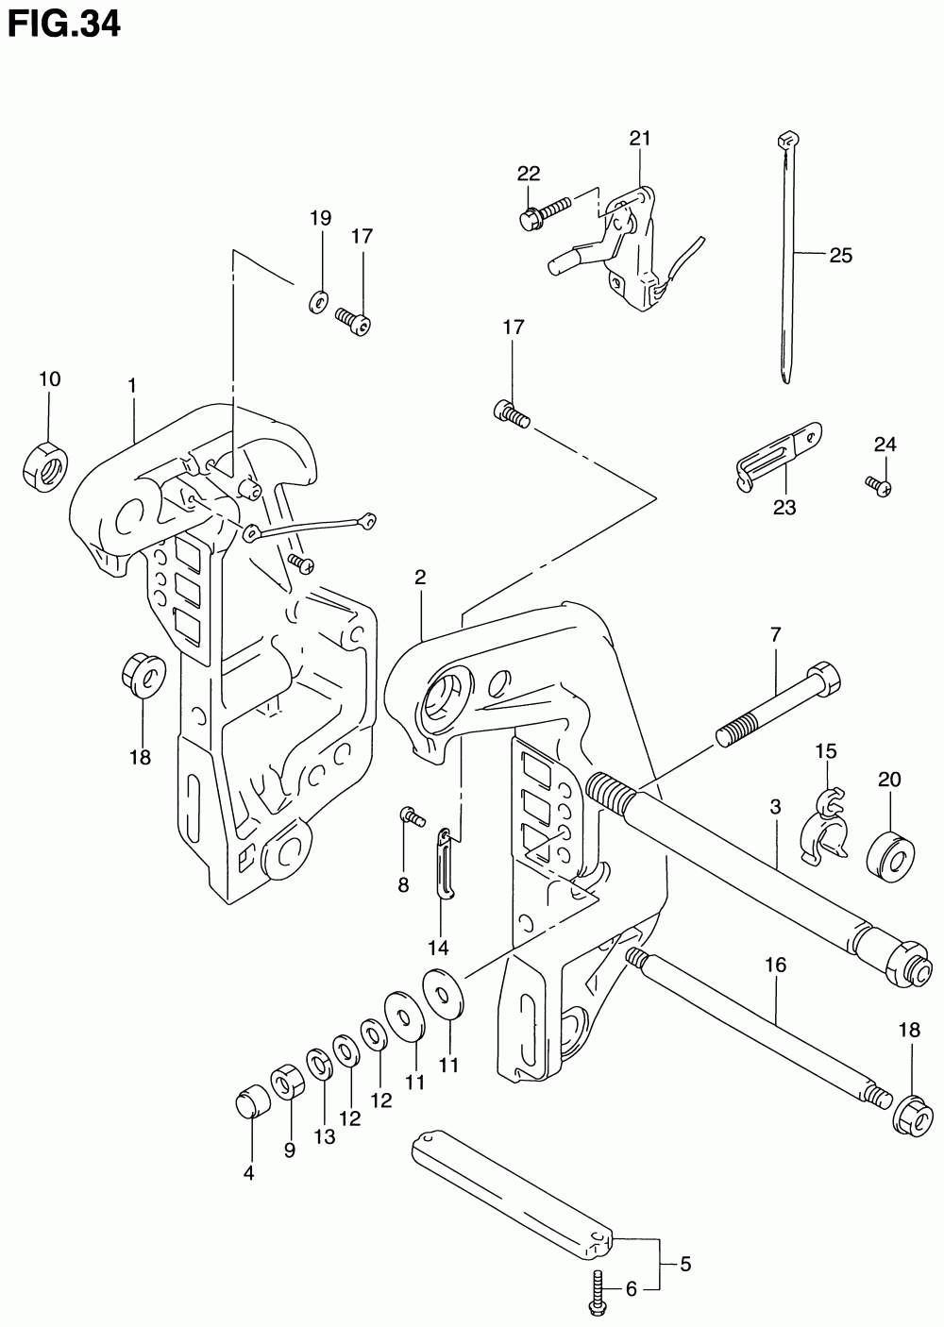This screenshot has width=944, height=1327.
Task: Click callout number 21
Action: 640,139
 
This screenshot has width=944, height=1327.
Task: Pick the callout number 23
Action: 784,508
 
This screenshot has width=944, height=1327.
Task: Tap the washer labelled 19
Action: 319,301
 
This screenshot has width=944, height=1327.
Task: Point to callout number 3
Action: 775,808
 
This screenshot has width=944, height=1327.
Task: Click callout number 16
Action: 775,966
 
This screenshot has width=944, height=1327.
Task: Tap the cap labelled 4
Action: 249,1101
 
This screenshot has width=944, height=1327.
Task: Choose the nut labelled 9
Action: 287,1081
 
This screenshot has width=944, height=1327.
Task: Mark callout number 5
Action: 685,1263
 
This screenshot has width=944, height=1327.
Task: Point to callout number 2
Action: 420,578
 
